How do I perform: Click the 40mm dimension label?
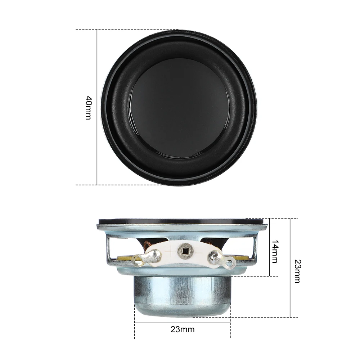89,108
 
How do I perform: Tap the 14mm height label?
275,251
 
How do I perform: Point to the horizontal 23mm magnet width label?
183,329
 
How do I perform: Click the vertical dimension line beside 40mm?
97,144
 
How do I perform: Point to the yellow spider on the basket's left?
124,257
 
